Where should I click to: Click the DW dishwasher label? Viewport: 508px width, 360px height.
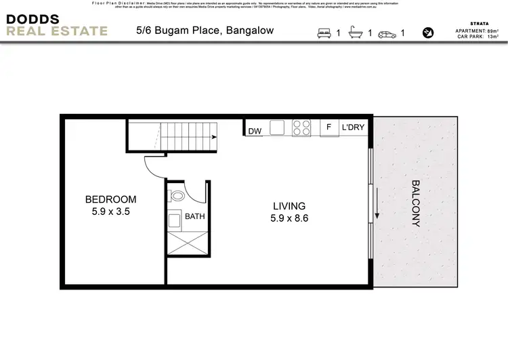click(x=255, y=131)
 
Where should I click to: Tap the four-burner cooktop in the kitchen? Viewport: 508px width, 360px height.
click(x=301, y=128)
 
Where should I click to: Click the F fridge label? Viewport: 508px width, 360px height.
click(x=329, y=127)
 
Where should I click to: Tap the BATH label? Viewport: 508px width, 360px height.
click(x=195, y=218)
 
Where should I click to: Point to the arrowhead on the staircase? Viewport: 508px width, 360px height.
click(x=213, y=138)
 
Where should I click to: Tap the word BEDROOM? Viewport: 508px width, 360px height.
click(x=110, y=199)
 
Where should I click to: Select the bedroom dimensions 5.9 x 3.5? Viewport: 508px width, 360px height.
click(x=110, y=212)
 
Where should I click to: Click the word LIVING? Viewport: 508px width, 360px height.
click(x=289, y=206)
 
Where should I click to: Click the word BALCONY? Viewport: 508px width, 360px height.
click(x=415, y=203)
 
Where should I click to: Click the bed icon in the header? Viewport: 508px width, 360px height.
click(x=324, y=33)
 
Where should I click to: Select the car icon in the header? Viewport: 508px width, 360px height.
click(x=388, y=33)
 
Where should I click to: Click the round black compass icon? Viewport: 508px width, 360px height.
click(x=428, y=32)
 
